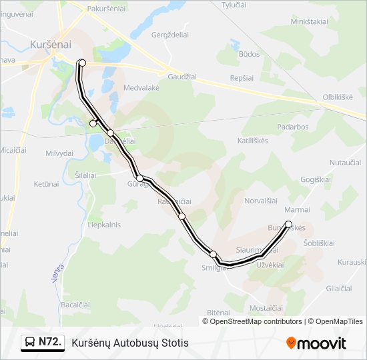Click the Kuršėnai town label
[50, 45]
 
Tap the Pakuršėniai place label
[107, 9]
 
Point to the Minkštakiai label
[309, 21]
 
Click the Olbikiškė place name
[338, 97]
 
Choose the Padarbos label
[293, 127]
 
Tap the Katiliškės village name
[252, 141]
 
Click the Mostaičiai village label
[266, 307]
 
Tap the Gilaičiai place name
[339, 288]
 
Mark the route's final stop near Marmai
[288, 224]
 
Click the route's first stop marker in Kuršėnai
[83, 63]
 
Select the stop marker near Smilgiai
[213, 254]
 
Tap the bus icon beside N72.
[30, 343]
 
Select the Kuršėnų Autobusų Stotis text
[130, 343]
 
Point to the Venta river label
[57, 271]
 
